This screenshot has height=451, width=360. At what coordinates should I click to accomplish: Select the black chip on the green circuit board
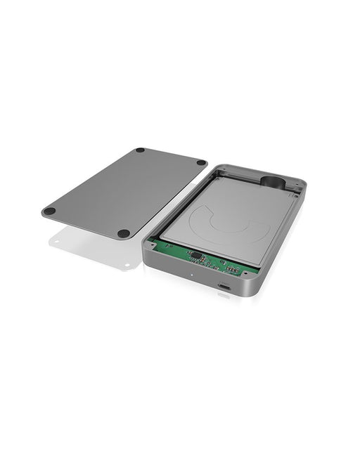click(198, 257)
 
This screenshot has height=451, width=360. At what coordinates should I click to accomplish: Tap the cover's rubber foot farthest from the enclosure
click(49, 211)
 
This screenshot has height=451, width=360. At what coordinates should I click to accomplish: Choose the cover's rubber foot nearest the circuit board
click(124, 233)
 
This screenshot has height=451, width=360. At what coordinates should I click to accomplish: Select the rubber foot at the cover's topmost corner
click(140, 150)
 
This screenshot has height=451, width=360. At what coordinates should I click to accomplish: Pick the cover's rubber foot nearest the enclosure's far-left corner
click(201, 163)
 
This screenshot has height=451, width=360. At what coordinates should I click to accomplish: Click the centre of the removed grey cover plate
click(125, 191)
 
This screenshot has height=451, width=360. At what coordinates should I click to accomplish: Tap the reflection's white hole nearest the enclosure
click(128, 265)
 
